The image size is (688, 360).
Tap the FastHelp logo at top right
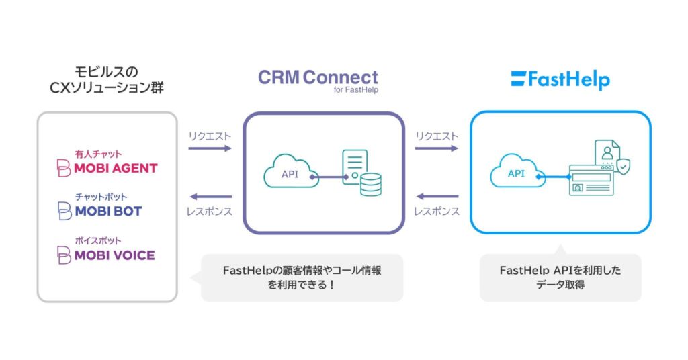[x=560, y=80]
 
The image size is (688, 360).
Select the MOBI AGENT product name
[x=115, y=168]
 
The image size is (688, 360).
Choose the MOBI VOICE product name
[x=114, y=255]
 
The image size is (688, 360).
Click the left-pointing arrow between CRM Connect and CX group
[x=210, y=197]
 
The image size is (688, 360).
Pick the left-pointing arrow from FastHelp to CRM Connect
[x=437, y=197]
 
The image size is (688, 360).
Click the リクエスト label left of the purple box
[x=210, y=136]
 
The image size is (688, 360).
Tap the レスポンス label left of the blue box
[x=437, y=211]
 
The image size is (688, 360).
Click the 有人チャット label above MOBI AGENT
[x=98, y=154]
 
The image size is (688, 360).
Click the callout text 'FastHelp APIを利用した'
[x=560, y=270]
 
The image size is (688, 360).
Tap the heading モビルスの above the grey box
[x=107, y=71]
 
